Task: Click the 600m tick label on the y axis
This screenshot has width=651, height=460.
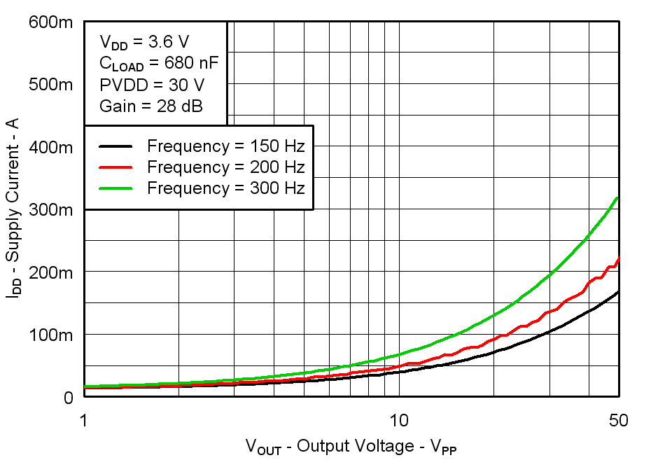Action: [x=50, y=22]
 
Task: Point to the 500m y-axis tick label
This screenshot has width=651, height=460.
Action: [x=50, y=85]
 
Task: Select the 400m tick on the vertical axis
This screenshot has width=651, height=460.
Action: [x=50, y=147]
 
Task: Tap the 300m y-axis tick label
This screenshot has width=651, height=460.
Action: [x=50, y=209]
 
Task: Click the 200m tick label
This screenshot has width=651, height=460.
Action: [x=50, y=272]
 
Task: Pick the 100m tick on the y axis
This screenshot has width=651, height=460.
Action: [x=50, y=335]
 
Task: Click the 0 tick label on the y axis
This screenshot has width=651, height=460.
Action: [x=67, y=397]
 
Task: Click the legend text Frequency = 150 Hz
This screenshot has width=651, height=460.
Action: [x=225, y=147]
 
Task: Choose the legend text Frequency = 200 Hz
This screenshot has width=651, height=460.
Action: [x=225, y=168]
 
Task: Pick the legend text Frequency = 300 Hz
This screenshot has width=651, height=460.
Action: [x=225, y=188]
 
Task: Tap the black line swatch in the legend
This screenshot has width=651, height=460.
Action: [x=115, y=147]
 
